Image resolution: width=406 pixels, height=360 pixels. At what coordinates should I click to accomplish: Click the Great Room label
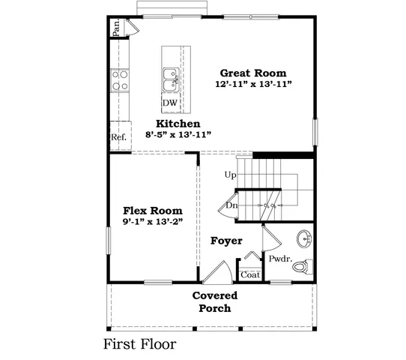(252, 73)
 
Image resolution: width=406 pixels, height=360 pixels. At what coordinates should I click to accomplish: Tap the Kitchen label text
(178, 123)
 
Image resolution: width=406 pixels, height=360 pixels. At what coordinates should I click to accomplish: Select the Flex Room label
(153, 211)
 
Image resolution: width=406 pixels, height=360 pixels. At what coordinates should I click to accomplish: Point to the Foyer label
(225, 241)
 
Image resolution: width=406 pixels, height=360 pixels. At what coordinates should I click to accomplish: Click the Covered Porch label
(214, 301)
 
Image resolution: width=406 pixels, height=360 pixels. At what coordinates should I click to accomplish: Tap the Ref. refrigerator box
(118, 137)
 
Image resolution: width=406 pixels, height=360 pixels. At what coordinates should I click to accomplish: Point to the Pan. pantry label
(117, 27)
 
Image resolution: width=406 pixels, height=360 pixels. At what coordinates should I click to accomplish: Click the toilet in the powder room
(300, 266)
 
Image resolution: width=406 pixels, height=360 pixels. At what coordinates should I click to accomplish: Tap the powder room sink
(305, 238)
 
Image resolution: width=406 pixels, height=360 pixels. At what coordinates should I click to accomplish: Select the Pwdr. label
(280, 259)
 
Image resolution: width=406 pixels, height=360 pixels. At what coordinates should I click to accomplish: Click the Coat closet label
(250, 274)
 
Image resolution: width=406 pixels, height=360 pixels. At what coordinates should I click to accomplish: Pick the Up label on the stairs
(231, 175)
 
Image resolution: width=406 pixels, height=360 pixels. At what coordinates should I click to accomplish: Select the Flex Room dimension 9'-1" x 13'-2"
(153, 223)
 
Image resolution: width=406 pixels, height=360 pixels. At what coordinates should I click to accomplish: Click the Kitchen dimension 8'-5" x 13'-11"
(178, 135)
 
